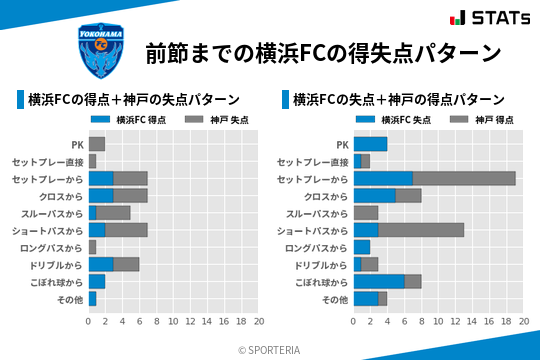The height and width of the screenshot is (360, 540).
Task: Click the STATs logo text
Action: coord(496,18)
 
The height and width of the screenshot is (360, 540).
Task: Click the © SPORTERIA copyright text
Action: coord(270,349)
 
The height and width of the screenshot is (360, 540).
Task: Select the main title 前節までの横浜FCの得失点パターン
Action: coord(322,52)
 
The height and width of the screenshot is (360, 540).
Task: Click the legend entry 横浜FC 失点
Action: coord(393,120)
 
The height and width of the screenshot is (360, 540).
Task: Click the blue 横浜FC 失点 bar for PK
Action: coord(370,144)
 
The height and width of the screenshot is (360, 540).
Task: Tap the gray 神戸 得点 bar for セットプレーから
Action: coord(464,178)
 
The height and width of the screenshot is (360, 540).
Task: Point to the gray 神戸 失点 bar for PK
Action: coord(97,144)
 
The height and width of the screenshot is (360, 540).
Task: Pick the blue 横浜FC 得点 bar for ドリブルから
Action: coord(101,265)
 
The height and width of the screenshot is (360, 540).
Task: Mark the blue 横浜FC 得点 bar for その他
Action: coord(92,299)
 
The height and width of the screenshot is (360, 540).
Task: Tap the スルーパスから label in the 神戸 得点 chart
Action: coord(317,213)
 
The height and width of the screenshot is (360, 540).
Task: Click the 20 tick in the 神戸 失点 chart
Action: coord(257,322)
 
